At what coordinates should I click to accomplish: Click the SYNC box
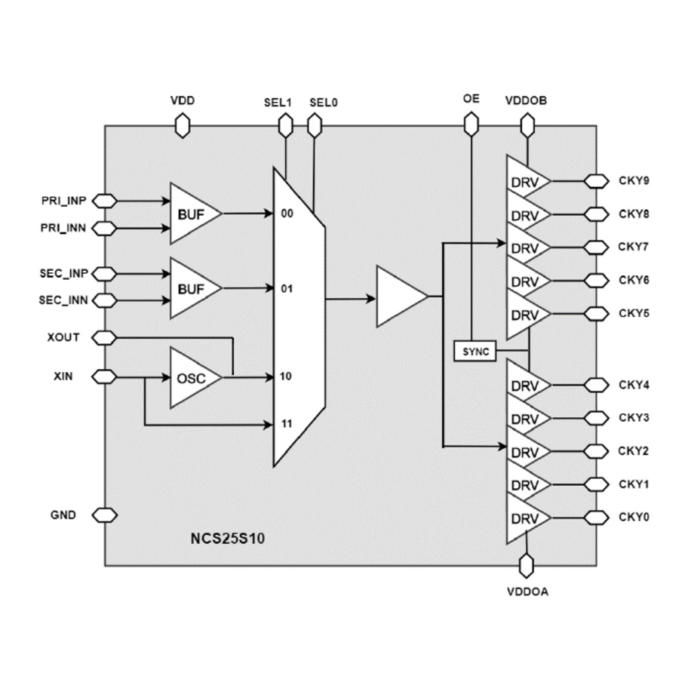(x=475, y=351)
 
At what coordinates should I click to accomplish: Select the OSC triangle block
(x=191, y=376)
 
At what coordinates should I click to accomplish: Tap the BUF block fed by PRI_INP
(x=191, y=214)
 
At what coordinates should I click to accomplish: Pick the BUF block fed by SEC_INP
(x=191, y=288)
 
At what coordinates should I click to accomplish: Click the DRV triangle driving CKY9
(x=524, y=182)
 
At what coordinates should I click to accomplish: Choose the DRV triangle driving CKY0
(x=524, y=518)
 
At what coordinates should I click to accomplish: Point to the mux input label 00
(x=286, y=214)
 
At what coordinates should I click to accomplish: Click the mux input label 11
(x=286, y=425)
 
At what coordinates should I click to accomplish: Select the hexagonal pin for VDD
(x=182, y=125)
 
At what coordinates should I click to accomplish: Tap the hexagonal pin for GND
(x=105, y=515)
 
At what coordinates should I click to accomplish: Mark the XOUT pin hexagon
(x=105, y=337)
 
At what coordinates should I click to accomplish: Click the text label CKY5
(x=634, y=313)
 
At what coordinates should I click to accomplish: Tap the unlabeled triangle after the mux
(x=398, y=297)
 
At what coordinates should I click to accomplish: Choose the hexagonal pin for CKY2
(x=597, y=452)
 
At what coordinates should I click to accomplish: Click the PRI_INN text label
(x=64, y=227)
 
